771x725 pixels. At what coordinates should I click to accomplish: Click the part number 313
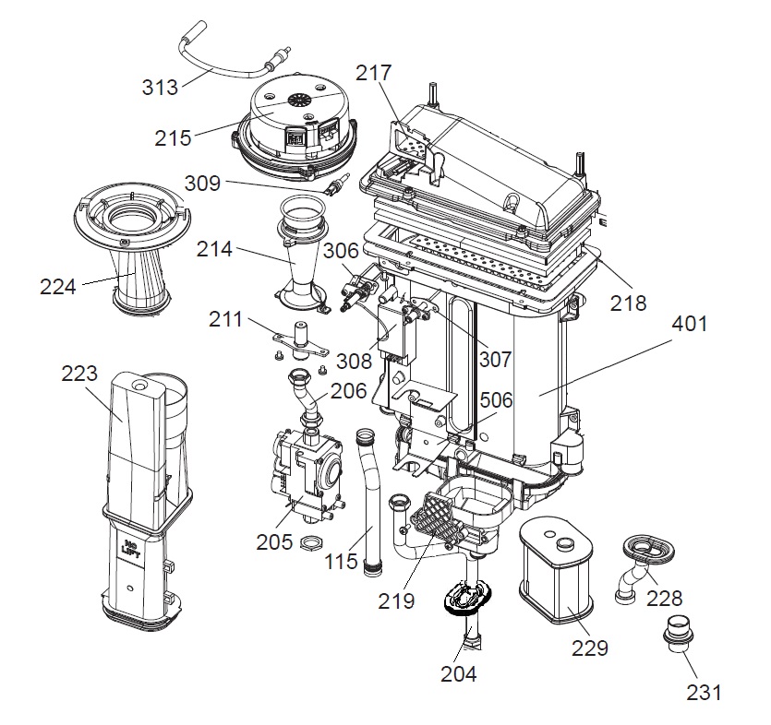click(x=160, y=88)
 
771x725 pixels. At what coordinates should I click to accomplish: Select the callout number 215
click(x=173, y=138)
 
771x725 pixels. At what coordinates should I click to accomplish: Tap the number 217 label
click(x=374, y=73)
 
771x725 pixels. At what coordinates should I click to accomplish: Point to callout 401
click(x=690, y=324)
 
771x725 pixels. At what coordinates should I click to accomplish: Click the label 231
click(x=705, y=693)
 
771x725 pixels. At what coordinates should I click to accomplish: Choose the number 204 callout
click(x=458, y=674)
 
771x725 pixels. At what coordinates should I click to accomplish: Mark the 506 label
click(x=496, y=400)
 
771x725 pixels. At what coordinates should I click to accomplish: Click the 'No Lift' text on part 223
click(x=131, y=548)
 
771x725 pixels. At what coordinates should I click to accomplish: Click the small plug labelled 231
click(x=678, y=635)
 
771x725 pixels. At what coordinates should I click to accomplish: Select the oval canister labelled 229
click(x=556, y=569)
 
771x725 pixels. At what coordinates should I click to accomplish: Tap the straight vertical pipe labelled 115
click(x=368, y=502)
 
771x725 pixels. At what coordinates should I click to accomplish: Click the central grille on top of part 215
click(x=297, y=101)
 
